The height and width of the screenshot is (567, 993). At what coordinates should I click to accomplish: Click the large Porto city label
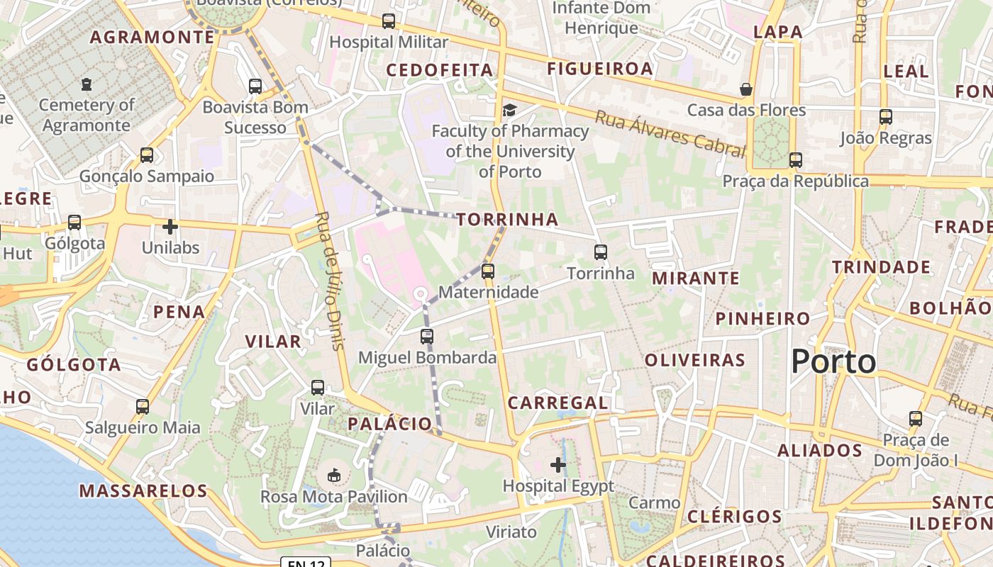(833, 361)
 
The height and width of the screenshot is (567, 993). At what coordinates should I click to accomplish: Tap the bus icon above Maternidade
(487, 271)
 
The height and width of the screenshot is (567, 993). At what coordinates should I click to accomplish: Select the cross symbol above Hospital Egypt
(558, 465)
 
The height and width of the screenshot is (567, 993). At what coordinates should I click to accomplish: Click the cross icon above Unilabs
(170, 227)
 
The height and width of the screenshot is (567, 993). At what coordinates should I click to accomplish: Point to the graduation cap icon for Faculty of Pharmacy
(509, 110)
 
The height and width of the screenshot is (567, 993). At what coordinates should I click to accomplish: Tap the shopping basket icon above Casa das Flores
(746, 89)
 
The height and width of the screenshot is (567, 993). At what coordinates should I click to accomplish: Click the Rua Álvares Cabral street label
(670, 133)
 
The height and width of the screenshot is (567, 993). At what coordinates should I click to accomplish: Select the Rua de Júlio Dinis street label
(331, 281)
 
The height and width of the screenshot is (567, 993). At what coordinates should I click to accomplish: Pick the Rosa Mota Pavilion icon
(334, 475)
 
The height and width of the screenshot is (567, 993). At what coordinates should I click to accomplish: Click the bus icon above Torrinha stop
(601, 252)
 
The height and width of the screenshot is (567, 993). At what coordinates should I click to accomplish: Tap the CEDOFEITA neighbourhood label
(439, 69)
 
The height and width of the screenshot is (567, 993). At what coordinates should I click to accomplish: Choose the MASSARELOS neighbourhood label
(143, 490)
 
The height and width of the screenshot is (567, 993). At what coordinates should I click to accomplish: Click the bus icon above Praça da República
(796, 160)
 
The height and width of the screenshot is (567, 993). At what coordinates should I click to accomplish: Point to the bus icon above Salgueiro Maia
(143, 407)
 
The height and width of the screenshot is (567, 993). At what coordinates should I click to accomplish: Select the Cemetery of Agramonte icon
(87, 85)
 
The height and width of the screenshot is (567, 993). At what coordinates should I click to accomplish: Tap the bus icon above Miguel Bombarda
(426, 337)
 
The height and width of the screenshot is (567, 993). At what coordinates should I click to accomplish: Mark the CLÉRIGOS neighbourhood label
(734, 515)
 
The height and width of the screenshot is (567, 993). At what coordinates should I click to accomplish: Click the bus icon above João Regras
(885, 117)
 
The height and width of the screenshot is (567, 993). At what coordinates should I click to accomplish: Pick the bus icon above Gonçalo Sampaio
(147, 155)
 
